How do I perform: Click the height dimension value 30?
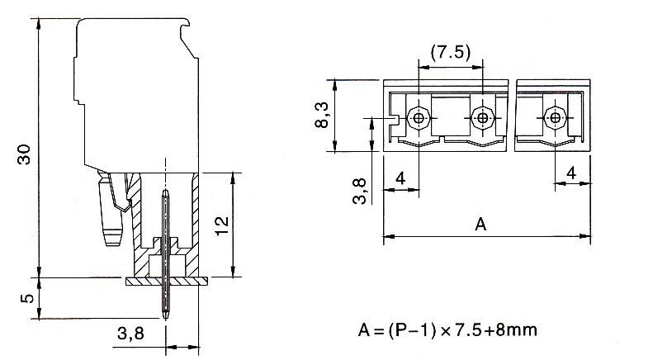tap(24, 154)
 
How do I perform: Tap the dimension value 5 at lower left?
tap(27, 298)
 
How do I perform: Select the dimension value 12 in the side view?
tap(222, 225)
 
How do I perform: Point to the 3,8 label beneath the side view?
tap(130, 333)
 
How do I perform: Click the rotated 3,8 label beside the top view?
tap(359, 191)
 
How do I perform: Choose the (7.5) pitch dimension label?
tap(451, 53)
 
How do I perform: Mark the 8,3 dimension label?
tap(322, 115)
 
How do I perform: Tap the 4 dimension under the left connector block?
tap(400, 178)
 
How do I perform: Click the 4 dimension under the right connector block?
tap(571, 173)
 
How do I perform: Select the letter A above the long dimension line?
tap(480, 224)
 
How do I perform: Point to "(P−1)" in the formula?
tap(412, 330)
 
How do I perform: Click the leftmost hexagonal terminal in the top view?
tap(419, 118)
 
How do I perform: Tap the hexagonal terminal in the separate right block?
tap(555, 118)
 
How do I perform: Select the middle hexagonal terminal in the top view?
tap(482, 118)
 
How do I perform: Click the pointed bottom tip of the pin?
tap(165, 319)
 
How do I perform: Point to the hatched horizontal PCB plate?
tap(167, 282)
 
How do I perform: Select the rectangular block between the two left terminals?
tap(451, 116)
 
